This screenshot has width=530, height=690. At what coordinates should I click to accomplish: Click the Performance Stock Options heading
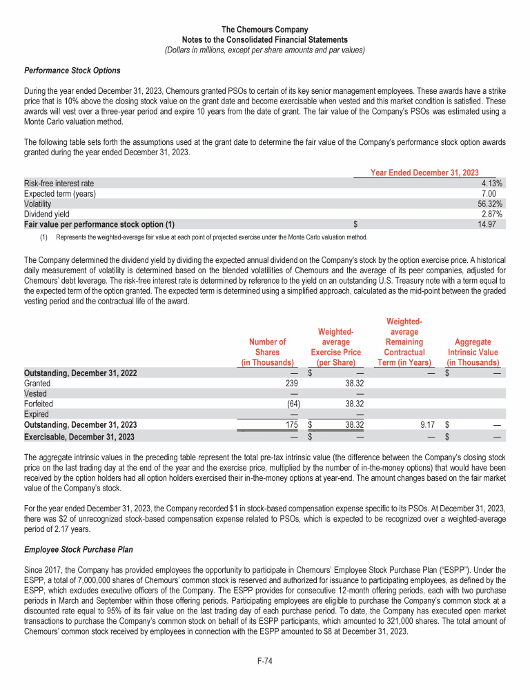pos(72,70)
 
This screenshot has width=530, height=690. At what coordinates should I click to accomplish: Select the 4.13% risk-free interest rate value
pos(491,184)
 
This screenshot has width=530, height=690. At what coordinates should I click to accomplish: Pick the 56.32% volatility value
pos(489,204)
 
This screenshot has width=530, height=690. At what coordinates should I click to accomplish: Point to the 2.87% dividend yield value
pos(491,214)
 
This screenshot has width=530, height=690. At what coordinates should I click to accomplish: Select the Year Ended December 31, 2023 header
pos(424,172)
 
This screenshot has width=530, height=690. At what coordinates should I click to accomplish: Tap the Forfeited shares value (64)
pos(288,404)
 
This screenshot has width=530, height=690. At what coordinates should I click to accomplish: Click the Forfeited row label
pos(39,404)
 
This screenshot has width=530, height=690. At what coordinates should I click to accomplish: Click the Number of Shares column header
pos(267,352)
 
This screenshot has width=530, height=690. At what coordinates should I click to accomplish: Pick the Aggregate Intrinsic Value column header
pos(473,352)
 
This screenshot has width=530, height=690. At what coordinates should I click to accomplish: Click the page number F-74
pos(265,661)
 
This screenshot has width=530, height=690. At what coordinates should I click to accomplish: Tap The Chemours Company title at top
pos(265,30)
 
